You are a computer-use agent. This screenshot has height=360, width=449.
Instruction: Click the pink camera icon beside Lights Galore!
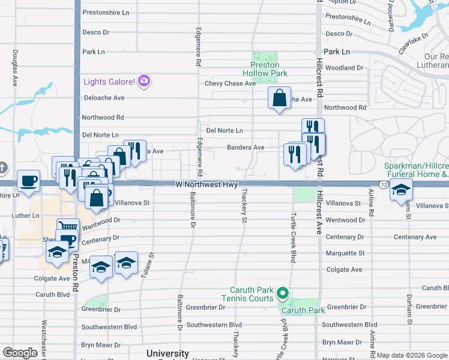[x=143, y=81]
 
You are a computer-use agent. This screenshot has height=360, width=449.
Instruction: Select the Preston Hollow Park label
[x=265, y=69]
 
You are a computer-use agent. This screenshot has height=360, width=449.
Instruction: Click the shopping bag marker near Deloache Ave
[x=280, y=98]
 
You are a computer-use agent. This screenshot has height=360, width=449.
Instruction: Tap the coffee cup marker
[x=28, y=181]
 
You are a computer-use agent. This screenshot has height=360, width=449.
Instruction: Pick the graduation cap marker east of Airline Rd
[x=400, y=190]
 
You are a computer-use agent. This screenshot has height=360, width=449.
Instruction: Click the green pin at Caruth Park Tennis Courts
[x=283, y=293]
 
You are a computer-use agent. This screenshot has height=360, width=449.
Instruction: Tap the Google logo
[x=20, y=353]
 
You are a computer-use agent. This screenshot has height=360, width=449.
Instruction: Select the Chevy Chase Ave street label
[x=230, y=83]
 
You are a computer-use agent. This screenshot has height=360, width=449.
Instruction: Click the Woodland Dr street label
[x=343, y=68]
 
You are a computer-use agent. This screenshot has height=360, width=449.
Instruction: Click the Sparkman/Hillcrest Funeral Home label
[x=416, y=170]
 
